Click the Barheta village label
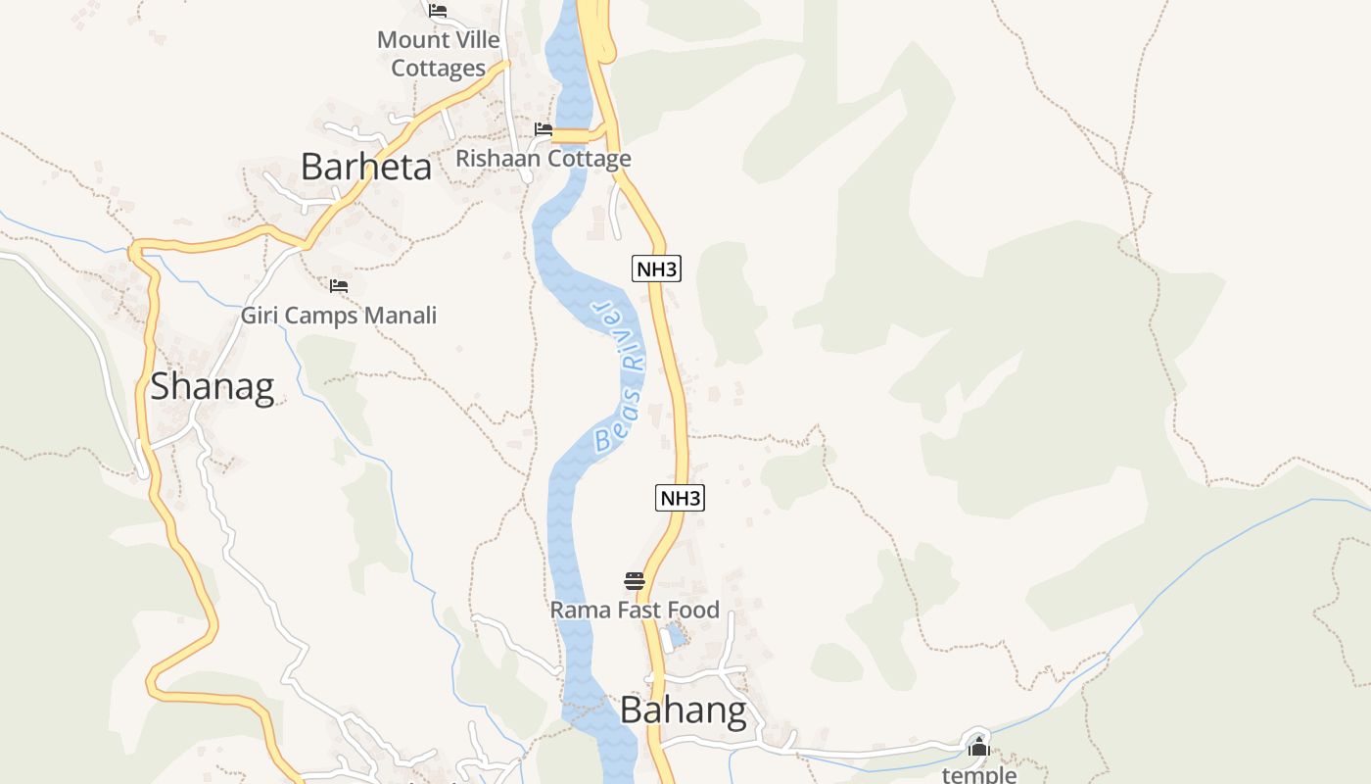[x=365, y=167]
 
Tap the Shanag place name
[x=212, y=386]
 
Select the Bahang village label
[x=683, y=710]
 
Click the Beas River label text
[x=619, y=376]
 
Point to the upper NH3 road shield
[x=656, y=269]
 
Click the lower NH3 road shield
[x=680, y=498]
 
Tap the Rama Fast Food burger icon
[x=634, y=581]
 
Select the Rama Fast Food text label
[x=634, y=610]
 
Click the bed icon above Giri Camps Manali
[x=339, y=286]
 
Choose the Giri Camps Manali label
[x=339, y=316]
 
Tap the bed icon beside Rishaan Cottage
[x=544, y=129]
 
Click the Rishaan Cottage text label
[x=544, y=159]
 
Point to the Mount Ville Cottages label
[x=439, y=54]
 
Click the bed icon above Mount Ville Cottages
[x=438, y=11]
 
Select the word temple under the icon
[x=978, y=774]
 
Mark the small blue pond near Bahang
[x=675, y=636]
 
